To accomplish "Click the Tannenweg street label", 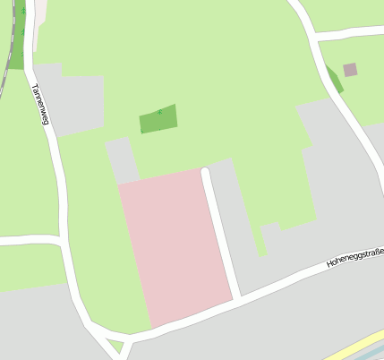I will tap(38, 104).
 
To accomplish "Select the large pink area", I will tap(175, 245).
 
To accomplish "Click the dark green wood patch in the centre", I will tap(158, 119).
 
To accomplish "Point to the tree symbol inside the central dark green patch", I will tap(159, 112).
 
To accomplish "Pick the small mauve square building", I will tap(350, 69).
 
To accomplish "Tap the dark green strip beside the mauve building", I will tap(334, 79).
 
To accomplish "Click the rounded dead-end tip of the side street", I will tap(206, 171).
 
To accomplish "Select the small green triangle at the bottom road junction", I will tap(115, 345).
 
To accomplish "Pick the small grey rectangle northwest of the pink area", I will tap(122, 159).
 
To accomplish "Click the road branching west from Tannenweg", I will tap(27, 240).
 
